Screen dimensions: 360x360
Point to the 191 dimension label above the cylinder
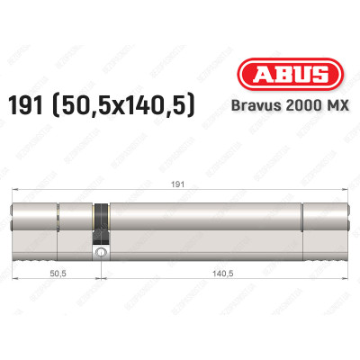pos(179,184)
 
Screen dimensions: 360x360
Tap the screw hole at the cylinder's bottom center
pos(99,254)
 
